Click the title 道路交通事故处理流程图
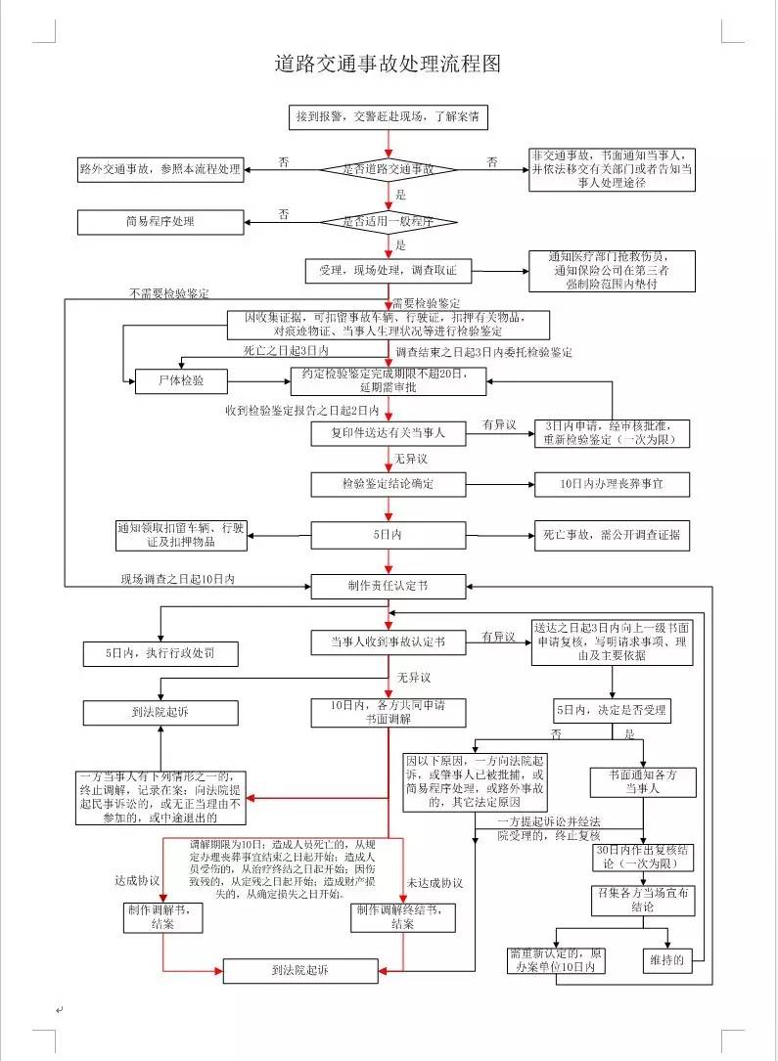(x=388, y=65)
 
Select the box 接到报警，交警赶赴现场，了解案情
(x=388, y=117)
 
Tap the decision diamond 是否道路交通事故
(x=389, y=169)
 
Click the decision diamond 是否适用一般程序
(x=389, y=222)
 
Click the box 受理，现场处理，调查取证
(x=389, y=269)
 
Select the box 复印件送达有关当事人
(x=389, y=432)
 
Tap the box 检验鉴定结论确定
(x=389, y=484)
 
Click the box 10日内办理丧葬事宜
(x=612, y=484)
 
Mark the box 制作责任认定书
(x=389, y=586)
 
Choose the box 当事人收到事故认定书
(x=389, y=642)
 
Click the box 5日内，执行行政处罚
(x=160, y=651)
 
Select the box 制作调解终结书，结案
(x=403, y=916)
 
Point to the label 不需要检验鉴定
(x=169, y=293)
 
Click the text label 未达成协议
(x=435, y=883)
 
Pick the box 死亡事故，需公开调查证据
(x=612, y=535)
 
